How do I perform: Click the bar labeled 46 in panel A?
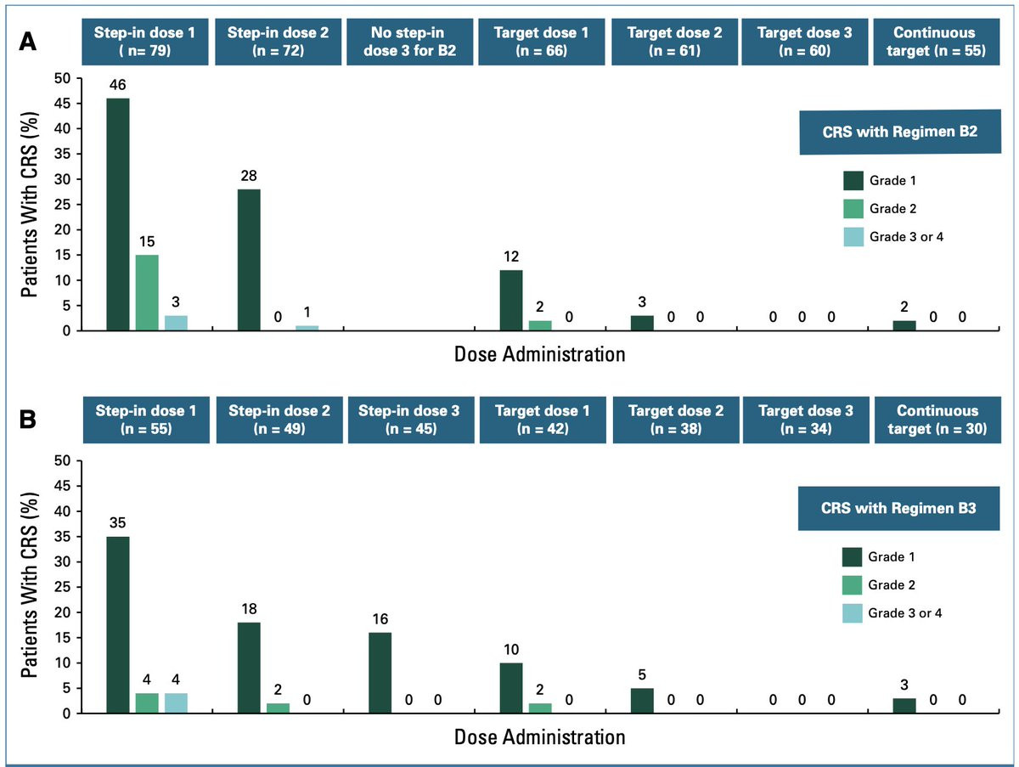coord(118,215)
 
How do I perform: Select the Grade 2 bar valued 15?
coord(147,292)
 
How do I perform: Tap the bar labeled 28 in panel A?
coord(249,260)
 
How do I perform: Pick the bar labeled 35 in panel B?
coord(118,625)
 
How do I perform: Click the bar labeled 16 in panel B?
coord(380,673)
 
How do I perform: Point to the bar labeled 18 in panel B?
coord(249,668)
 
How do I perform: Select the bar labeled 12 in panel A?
coord(511,301)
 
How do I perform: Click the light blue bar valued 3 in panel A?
coord(176,323)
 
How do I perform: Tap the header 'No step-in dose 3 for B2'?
coord(410,42)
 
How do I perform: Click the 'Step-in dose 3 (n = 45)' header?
coord(411,420)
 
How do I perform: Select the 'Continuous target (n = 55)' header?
coord(937,42)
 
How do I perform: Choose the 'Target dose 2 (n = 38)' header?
coord(676,420)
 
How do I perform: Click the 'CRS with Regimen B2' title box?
coord(900,132)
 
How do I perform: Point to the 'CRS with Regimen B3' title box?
coord(898,509)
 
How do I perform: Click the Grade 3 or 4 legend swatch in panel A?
coord(853,237)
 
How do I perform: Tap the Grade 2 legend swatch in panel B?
coord(852,585)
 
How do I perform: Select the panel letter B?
coord(28,420)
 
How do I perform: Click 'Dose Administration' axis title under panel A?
coord(540,354)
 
